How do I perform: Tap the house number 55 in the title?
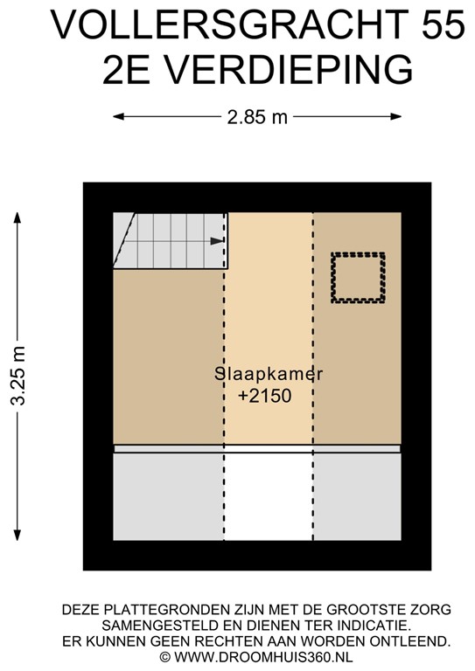click(442, 24)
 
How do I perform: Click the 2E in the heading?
click(129, 68)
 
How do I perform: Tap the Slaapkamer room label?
click(269, 374)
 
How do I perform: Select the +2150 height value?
click(264, 396)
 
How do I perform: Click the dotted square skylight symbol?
click(358, 278)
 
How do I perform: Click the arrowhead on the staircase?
click(216, 241)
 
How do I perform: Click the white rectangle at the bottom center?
click(269, 496)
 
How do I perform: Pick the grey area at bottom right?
click(357, 496)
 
